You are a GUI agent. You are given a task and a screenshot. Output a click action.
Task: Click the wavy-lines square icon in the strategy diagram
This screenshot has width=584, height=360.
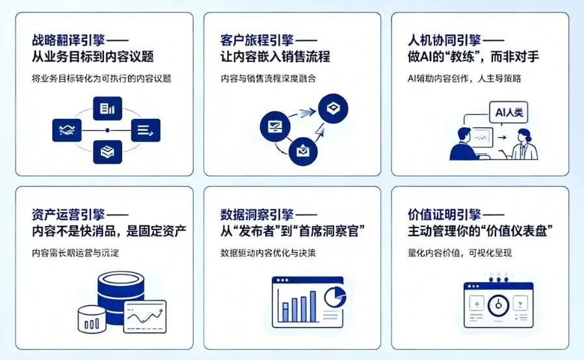(x=66, y=130)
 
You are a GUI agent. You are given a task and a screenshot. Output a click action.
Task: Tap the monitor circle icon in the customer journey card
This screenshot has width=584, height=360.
(x=274, y=125)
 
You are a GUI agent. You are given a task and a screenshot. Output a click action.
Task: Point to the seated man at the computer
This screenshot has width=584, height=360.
(x=464, y=144)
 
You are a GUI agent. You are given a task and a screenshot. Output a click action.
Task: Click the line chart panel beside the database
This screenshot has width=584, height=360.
(x=144, y=316)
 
